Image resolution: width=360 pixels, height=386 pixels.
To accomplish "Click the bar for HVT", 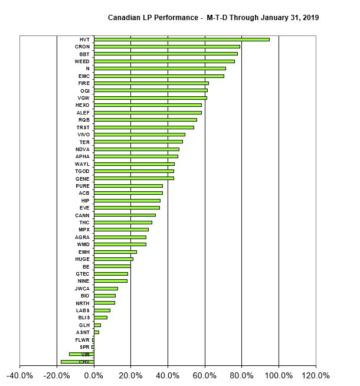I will point(181,40).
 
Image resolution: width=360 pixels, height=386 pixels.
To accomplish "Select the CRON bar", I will point(166,47).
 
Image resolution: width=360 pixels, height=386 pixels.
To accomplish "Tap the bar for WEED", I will point(164,61).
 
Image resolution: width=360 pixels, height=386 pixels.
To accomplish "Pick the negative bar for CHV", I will point(77,361).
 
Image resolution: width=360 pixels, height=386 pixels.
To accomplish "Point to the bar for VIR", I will point(81,354).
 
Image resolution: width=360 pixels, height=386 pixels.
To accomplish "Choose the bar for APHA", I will point(136,156).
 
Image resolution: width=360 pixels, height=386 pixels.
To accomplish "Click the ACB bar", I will point(128,193).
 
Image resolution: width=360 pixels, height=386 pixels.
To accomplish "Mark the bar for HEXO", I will point(148,105).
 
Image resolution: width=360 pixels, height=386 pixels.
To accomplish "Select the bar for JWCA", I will point(106,289).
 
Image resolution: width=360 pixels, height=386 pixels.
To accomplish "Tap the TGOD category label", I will point(82,171).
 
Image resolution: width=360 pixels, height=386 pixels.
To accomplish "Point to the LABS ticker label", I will point(83,310).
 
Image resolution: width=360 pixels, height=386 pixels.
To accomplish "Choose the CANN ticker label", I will point(82,215).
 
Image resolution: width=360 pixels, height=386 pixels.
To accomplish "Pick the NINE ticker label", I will point(83,281).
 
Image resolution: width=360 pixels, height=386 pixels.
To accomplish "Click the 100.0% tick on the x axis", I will point(279,375).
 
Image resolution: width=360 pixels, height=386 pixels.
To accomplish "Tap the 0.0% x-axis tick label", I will point(94,375).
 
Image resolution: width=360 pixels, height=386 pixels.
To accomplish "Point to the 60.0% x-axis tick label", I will point(205,375).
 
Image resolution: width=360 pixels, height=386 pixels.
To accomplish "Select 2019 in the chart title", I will point(309,18).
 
